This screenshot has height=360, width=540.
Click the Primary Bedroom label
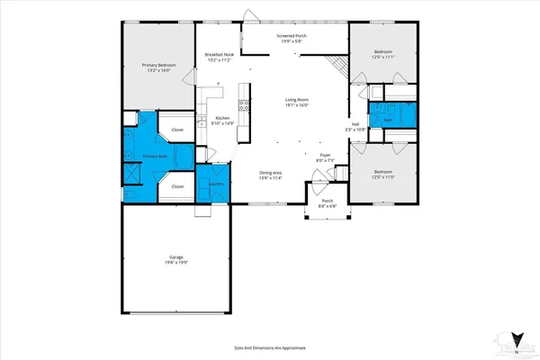coord(158,65)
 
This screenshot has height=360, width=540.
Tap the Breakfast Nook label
coord(220,55)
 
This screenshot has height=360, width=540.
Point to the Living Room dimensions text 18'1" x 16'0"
coord(298,105)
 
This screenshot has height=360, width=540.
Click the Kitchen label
coord(221,119)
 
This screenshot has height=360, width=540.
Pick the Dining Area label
coord(271,172)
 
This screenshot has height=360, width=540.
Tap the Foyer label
coord(326,155)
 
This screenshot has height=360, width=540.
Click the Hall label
coord(355,124)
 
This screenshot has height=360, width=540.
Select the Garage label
coord(176,256)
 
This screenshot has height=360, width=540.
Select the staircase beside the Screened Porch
coord(337,66)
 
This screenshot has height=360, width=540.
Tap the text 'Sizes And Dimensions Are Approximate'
coord(269,345)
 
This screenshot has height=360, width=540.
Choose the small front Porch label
coord(327,202)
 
